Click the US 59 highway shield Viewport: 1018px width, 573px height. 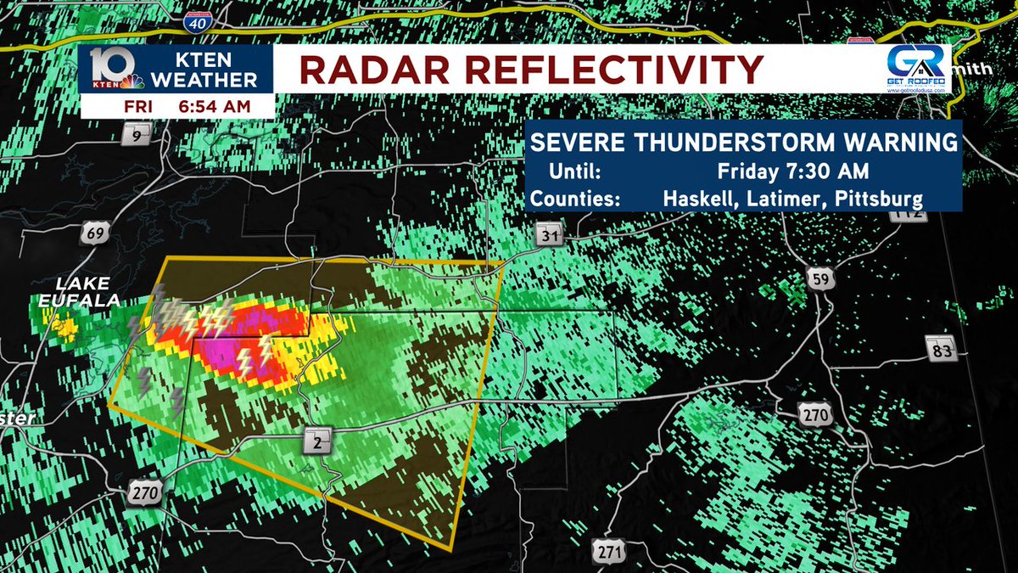click(x=819, y=280)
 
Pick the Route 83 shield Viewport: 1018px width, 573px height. click(x=942, y=347)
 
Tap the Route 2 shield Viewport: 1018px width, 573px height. click(x=316, y=441)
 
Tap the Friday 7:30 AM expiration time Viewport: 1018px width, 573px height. click(x=792, y=171)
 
